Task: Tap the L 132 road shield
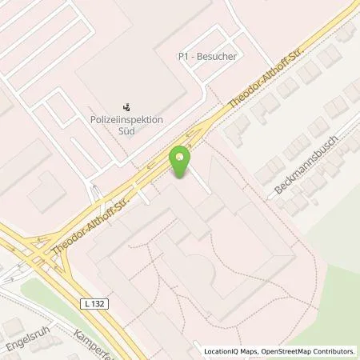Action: [x=86, y=282]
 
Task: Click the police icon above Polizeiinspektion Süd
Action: [x=126, y=106]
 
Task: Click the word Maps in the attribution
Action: [x=247, y=350]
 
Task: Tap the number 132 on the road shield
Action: [x=90, y=282]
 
